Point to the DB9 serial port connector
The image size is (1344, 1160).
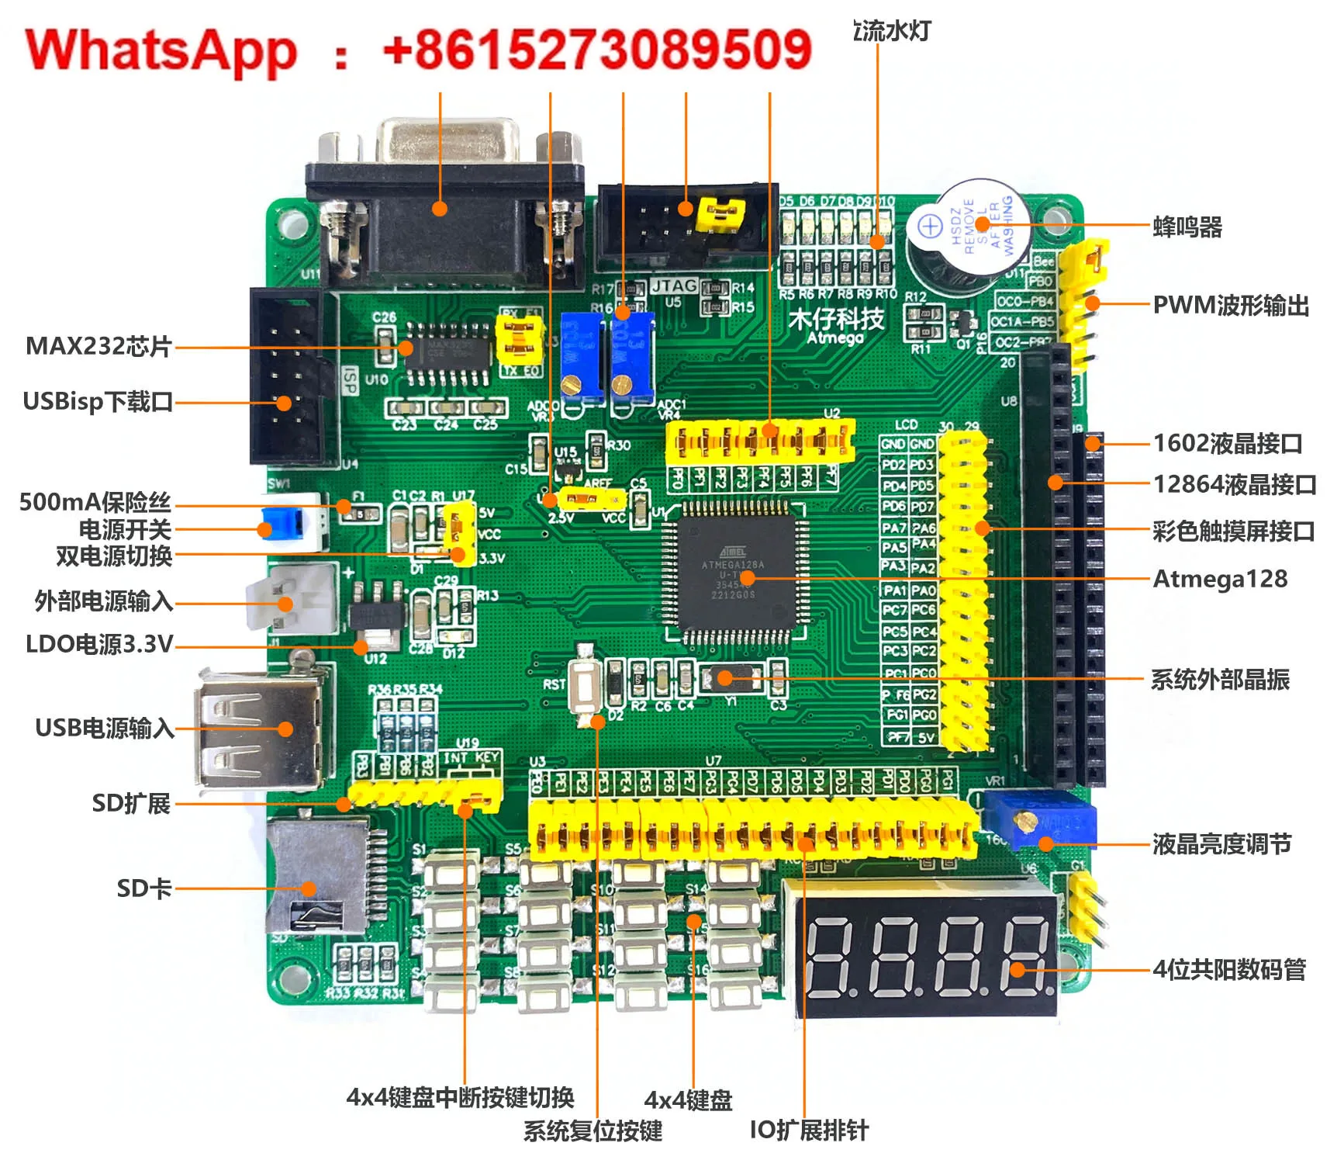(446, 206)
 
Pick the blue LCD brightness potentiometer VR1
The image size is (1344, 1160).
(1039, 820)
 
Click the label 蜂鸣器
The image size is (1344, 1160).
(1187, 227)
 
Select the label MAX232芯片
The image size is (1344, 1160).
(98, 346)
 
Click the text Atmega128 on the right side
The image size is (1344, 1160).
(1220, 579)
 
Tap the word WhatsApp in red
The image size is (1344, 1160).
(161, 51)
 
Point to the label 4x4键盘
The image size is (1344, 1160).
(688, 1099)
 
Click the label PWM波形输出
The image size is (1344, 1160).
(1231, 305)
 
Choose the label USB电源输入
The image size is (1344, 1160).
(105, 728)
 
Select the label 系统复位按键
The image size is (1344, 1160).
(593, 1131)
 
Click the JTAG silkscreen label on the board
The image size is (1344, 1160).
(674, 286)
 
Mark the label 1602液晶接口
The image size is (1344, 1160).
(1227, 443)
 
